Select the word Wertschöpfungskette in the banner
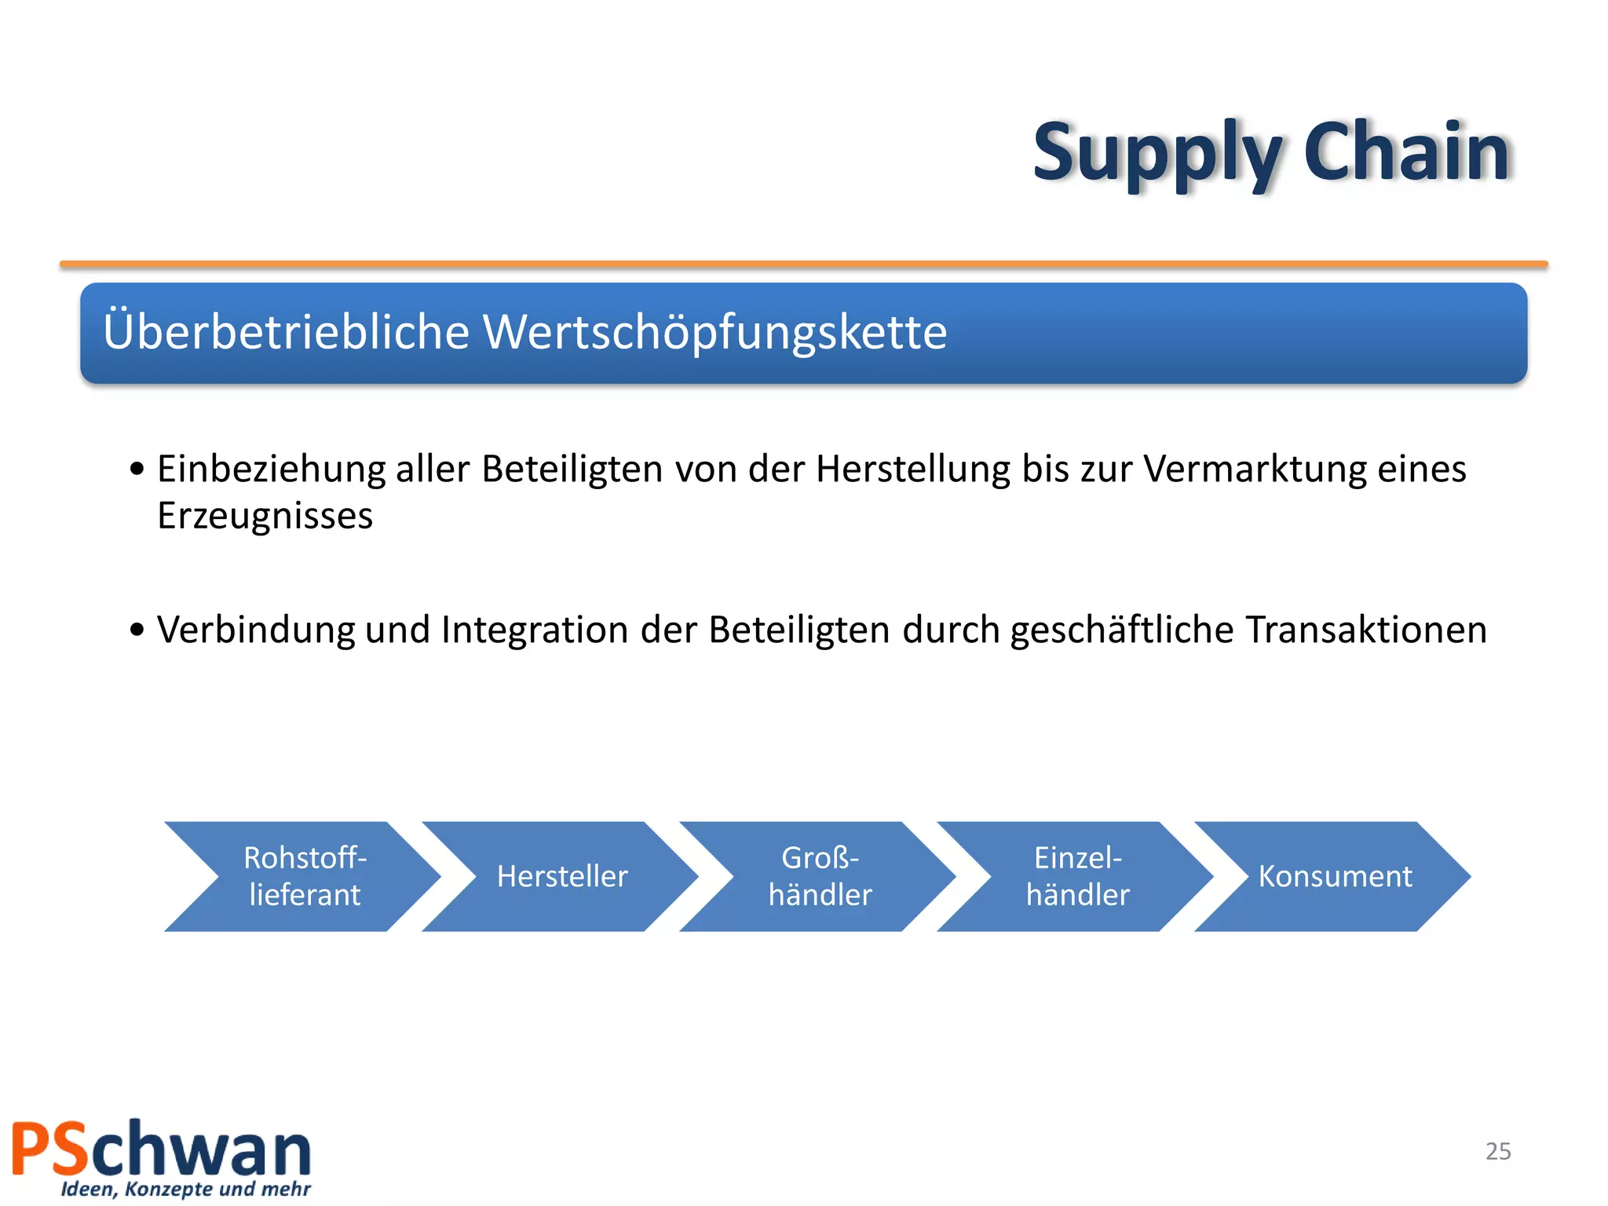[x=714, y=332]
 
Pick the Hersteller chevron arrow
[x=562, y=876]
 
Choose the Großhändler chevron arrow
[x=820, y=876]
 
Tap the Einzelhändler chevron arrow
[x=1077, y=876]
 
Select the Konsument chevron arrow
[x=1335, y=876]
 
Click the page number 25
[x=1498, y=1151]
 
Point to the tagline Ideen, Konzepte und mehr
[x=186, y=1189]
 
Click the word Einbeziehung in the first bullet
[x=271, y=470]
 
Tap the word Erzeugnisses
[x=265, y=517]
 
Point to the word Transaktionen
[x=1366, y=630]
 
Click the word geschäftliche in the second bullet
[x=1122, y=630]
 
